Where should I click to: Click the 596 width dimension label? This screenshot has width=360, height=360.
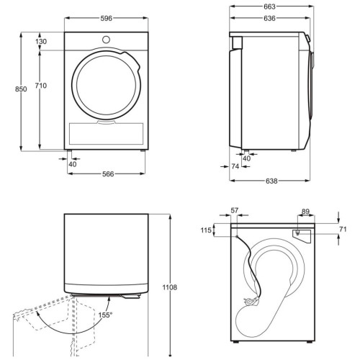coord(107,18)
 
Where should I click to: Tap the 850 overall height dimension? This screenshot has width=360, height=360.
coord(21,89)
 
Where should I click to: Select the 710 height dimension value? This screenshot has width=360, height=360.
coord(41,86)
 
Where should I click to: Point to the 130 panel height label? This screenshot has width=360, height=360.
coord(41,42)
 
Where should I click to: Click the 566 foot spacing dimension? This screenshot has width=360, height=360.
coord(108,174)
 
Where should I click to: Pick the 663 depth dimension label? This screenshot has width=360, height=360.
coord(269,6)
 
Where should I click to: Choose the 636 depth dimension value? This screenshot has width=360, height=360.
coord(269,18)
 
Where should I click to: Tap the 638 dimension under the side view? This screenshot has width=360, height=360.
coord(271,181)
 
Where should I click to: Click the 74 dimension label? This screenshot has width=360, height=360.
coord(235,166)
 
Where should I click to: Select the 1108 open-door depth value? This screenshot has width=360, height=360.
coord(170,287)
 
